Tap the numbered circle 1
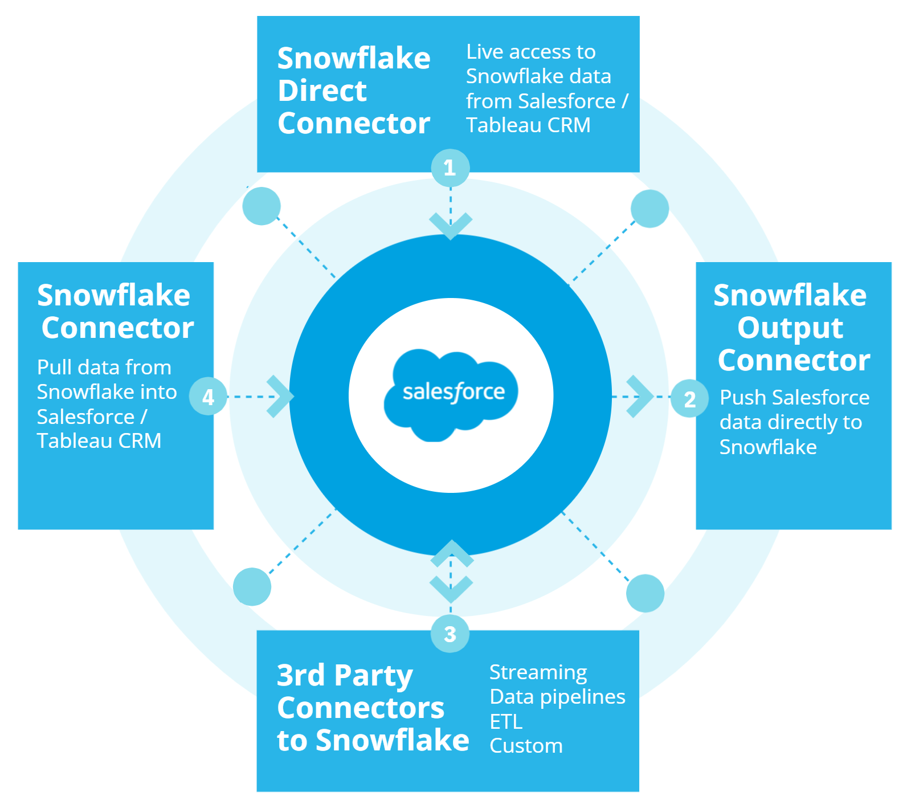pyautogui.click(x=450, y=168)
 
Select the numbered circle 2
pyautogui.click(x=689, y=398)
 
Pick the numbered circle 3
pyautogui.click(x=450, y=634)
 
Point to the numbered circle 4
pyautogui.click(x=208, y=396)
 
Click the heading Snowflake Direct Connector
pyautogui.click(x=354, y=91)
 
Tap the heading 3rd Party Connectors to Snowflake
pyautogui.click(x=373, y=708)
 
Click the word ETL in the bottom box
pyautogui.click(x=506, y=721)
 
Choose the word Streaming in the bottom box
pyautogui.click(x=538, y=673)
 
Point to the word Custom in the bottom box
pyautogui.click(x=526, y=746)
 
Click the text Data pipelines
pyautogui.click(x=558, y=697)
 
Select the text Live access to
pyautogui.click(x=531, y=52)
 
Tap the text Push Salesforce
pyautogui.click(x=795, y=397)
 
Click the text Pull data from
pyautogui.click(x=104, y=368)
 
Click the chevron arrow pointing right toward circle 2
pyautogui.click(x=640, y=396)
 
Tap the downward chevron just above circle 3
pyautogui.click(x=451, y=589)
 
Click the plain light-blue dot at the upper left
pyautogui.click(x=262, y=206)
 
